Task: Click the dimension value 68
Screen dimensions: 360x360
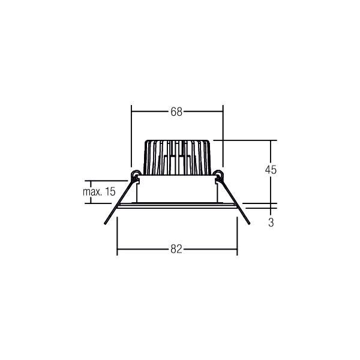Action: tap(176, 112)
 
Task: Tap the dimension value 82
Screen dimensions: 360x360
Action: tap(176, 249)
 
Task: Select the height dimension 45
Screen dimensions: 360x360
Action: tap(271, 170)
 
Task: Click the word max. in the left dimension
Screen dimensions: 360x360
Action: tap(91, 192)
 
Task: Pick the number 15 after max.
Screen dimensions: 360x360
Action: tap(109, 192)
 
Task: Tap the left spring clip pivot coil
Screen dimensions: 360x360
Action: tap(136, 175)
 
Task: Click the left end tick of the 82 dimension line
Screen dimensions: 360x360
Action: tap(117, 249)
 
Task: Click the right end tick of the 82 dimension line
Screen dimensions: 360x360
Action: tap(238, 249)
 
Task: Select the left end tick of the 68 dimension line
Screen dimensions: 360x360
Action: tap(132, 112)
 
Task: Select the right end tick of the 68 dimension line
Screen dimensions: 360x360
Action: tap(223, 112)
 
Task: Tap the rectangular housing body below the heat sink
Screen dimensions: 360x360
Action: tap(177, 191)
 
